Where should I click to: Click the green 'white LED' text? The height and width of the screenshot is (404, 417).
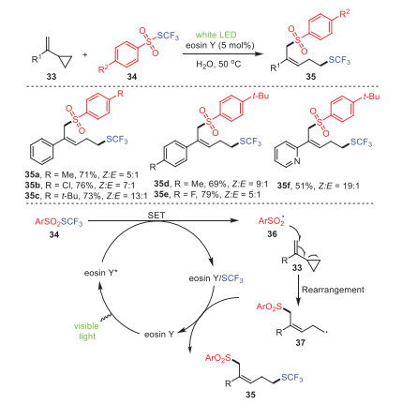pyautogui.click(x=216, y=35)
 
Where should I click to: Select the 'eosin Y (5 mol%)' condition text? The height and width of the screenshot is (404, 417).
pyautogui.click(x=220, y=46)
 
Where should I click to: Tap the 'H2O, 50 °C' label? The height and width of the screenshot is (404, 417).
pyautogui.click(x=218, y=64)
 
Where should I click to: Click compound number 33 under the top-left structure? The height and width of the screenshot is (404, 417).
pyautogui.click(x=51, y=76)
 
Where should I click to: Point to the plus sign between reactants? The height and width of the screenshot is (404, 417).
pyautogui.click(x=85, y=55)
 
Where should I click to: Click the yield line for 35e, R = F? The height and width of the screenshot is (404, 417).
pyautogui.click(x=207, y=195)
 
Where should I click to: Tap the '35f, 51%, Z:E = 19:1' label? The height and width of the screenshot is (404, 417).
pyautogui.click(x=319, y=187)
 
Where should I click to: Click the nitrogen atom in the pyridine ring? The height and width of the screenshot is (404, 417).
pyautogui.click(x=297, y=161)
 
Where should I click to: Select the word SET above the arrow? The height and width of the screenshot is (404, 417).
pyautogui.click(x=156, y=216)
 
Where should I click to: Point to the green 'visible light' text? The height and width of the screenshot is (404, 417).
pyautogui.click(x=86, y=331)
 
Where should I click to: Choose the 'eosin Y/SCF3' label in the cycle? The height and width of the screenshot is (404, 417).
pyautogui.click(x=216, y=278)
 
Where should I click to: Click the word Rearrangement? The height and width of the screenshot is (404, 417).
pyautogui.click(x=333, y=290)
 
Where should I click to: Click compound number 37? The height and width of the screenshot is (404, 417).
pyautogui.click(x=300, y=342)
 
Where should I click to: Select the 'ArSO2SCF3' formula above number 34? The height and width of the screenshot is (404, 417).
pyautogui.click(x=59, y=222)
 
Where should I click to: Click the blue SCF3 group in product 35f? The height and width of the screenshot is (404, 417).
pyautogui.click(x=362, y=142)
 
